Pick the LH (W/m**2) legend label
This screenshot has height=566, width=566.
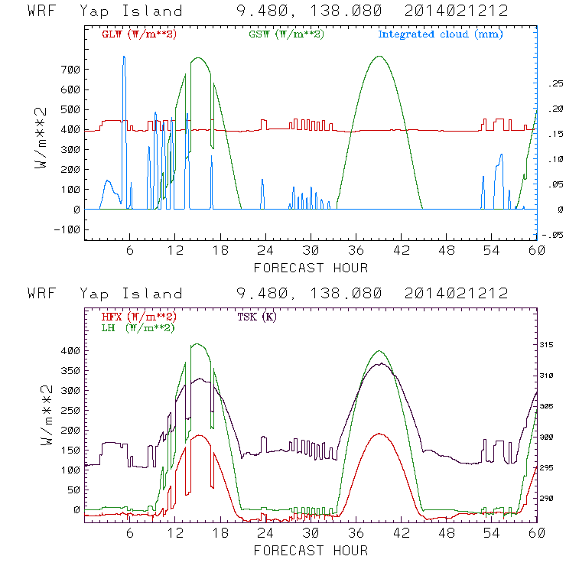135,328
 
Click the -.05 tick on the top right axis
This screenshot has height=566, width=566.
552,235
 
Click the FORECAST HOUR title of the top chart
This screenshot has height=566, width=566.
311,268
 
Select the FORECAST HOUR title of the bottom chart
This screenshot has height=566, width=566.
311,550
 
